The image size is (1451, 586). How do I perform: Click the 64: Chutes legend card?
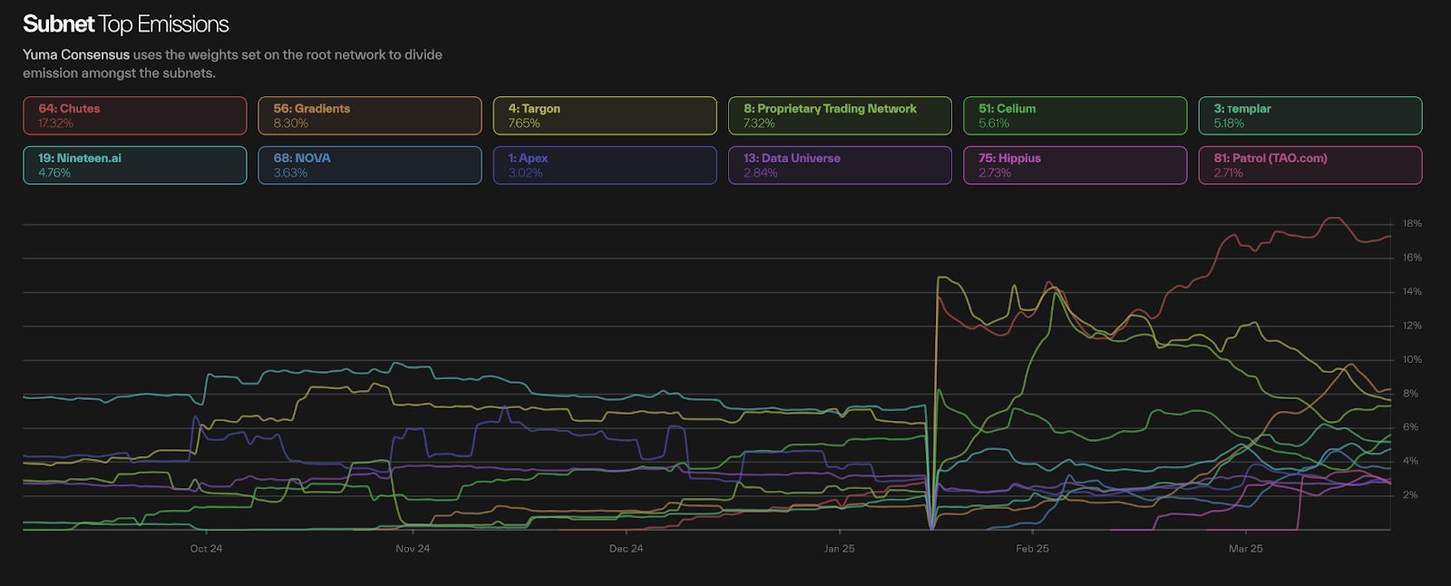click(134, 115)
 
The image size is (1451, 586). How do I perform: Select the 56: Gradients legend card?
click(369, 115)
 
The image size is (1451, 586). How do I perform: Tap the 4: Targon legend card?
click(604, 115)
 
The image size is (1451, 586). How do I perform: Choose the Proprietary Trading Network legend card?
click(840, 115)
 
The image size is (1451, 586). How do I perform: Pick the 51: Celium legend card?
click(1075, 115)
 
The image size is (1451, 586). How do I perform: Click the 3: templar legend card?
click(1310, 115)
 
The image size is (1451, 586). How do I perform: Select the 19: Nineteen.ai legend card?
click(134, 165)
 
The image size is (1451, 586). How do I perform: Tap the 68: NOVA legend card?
click(369, 165)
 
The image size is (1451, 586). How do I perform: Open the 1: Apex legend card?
click(604, 165)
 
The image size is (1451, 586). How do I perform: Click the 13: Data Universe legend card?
click(840, 165)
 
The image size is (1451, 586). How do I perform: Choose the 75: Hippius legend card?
click(1075, 165)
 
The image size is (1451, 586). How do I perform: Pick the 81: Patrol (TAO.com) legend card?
click(1310, 165)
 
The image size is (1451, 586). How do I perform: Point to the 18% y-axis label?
click(1412, 224)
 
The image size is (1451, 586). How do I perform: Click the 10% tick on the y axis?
click(1412, 360)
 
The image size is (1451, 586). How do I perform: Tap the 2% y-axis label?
click(1410, 495)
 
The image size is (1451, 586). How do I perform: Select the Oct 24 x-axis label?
click(206, 549)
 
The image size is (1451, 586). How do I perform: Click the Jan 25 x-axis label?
click(840, 549)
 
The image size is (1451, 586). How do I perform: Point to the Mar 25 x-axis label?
click(1245, 549)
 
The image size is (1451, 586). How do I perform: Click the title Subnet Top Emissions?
click(126, 24)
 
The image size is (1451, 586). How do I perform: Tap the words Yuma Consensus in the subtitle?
click(76, 55)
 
